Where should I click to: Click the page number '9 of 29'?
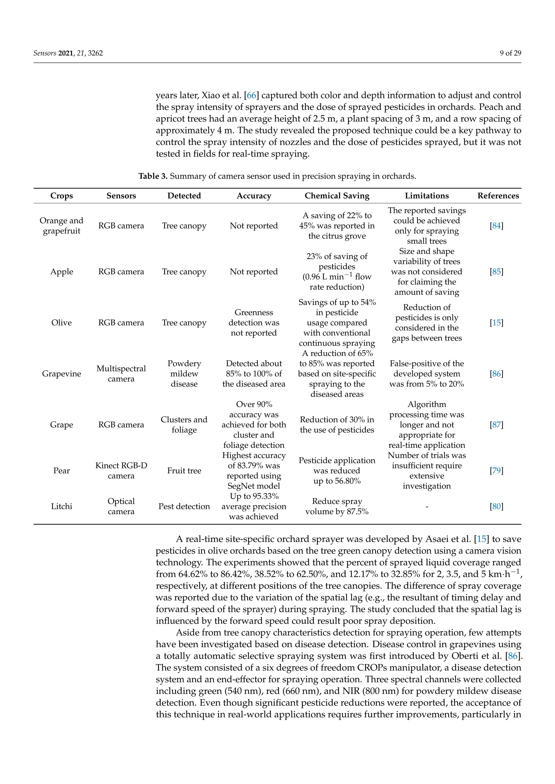(510, 53)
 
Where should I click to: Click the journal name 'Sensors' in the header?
(45, 53)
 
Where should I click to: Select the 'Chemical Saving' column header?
(337, 196)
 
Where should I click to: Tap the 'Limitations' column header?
(427, 196)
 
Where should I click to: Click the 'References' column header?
(498, 196)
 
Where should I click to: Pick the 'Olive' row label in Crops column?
(62, 323)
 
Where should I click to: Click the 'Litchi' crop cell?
(62, 507)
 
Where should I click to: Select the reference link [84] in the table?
(496, 226)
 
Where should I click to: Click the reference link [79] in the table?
(496, 471)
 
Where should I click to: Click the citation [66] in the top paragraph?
(251, 95)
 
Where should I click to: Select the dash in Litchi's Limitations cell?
(427, 507)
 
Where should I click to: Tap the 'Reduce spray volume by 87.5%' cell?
(337, 507)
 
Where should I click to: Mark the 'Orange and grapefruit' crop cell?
(62, 226)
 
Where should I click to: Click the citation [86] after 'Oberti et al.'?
(513, 656)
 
